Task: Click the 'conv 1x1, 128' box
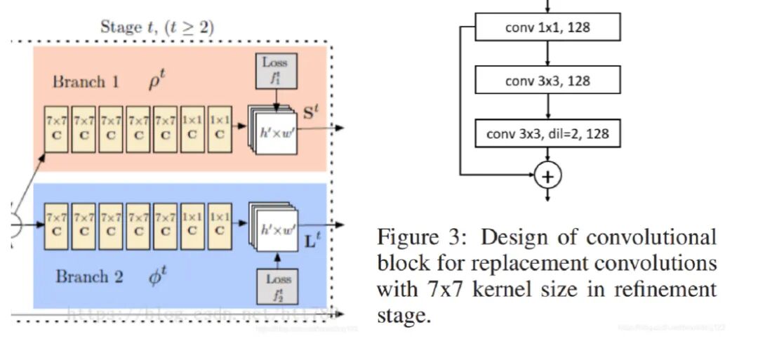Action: tap(547, 27)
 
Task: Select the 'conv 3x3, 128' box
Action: tap(547, 80)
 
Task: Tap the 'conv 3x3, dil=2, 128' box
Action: tap(547, 133)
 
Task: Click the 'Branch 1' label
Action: tap(86, 81)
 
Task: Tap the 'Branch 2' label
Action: tap(89, 276)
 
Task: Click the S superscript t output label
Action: tap(311, 112)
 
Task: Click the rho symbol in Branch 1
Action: tap(156, 81)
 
